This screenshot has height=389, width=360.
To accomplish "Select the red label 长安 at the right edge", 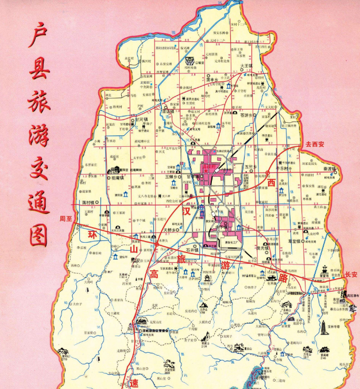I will pos(351,275).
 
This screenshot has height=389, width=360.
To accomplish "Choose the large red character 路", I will pos(282,276).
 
